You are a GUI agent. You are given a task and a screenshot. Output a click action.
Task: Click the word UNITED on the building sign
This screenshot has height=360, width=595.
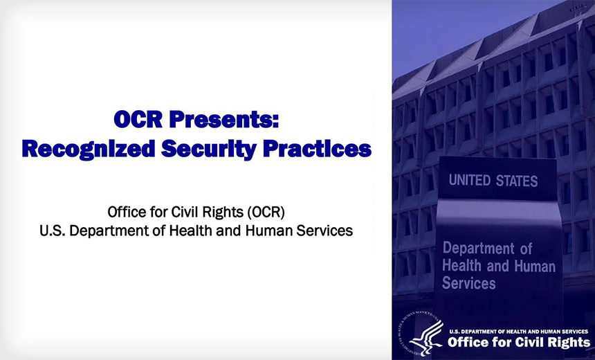point(470,181)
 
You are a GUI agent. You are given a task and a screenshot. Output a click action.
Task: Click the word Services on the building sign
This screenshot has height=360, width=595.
point(468,284)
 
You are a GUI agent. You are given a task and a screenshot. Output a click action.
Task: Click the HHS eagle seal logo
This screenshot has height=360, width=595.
point(421,334)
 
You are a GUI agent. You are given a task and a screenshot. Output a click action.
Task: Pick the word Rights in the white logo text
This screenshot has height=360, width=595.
point(565,343)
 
